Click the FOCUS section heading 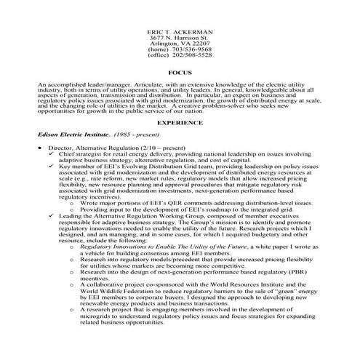(179, 74)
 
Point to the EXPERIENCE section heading (179, 124)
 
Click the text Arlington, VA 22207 (179, 43)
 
